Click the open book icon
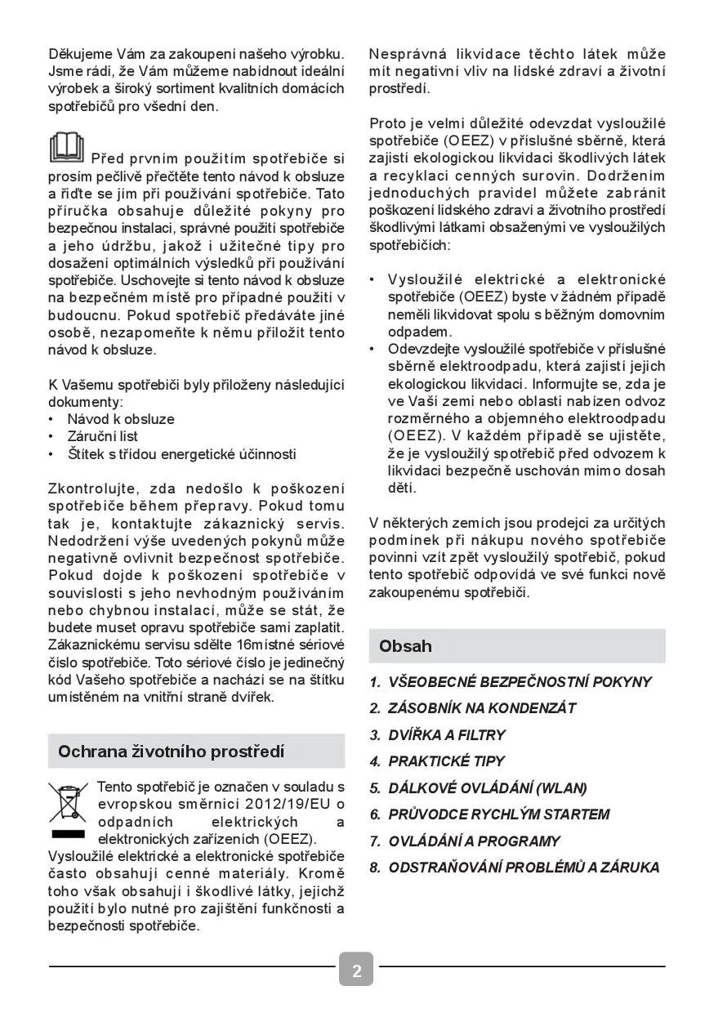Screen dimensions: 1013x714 [66, 148]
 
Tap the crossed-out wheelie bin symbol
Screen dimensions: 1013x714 [67, 802]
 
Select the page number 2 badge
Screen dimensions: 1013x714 [356, 970]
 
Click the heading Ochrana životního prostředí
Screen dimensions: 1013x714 [171, 752]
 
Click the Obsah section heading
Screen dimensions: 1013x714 [405, 646]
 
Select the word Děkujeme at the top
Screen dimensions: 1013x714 [79, 54]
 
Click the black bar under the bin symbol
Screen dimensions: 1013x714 [67, 834]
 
